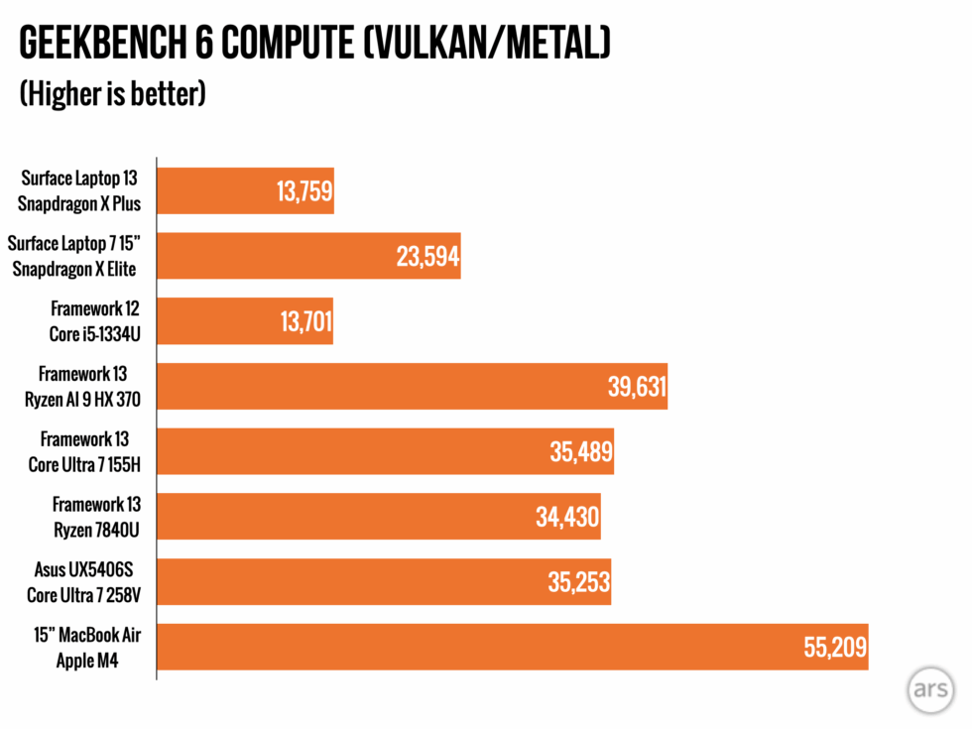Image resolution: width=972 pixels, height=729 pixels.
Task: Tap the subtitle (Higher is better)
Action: point(112,94)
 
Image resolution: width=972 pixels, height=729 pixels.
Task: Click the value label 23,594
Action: point(427,257)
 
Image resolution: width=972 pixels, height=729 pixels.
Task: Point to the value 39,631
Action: point(636,387)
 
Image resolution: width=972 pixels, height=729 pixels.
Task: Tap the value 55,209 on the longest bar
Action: point(835,648)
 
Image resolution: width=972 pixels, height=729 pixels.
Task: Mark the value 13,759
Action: point(304,191)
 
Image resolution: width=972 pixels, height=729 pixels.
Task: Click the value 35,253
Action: point(578,582)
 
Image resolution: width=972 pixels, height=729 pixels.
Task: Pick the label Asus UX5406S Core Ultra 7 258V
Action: point(83,581)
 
